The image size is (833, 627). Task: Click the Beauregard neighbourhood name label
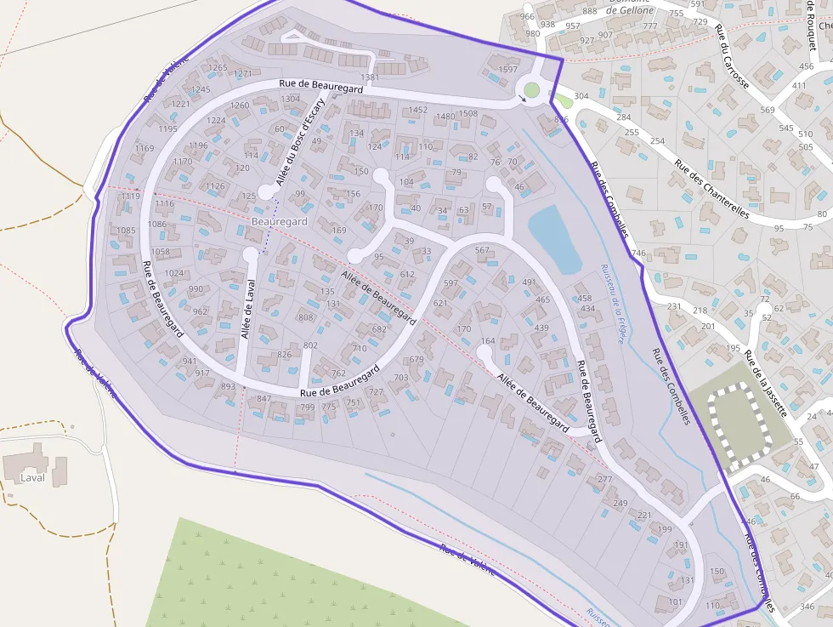(280, 221)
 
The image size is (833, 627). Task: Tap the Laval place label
(32, 477)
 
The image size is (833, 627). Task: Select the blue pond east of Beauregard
(554, 238)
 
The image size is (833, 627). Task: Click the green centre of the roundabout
(532, 90)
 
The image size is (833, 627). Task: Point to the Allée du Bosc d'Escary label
(300, 141)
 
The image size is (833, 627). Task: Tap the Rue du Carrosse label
(732, 57)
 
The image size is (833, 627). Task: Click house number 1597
(507, 70)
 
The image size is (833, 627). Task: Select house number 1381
(370, 77)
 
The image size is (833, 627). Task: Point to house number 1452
(418, 110)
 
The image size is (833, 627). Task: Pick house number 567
(482, 250)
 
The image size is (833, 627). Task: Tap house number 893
(228, 386)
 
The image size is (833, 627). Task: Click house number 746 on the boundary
(638, 254)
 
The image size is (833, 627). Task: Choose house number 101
(676, 601)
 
